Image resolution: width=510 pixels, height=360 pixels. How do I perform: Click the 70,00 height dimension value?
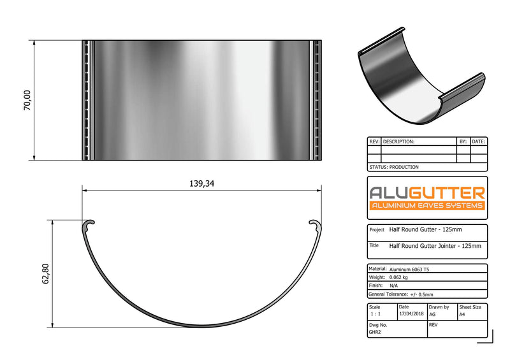click(x=27, y=101)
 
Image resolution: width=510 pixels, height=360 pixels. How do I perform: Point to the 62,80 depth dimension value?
click(x=45, y=273)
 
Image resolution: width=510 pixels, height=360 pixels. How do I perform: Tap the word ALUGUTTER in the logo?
click(x=427, y=192)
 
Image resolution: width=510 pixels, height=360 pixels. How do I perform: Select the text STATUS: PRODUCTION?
click(x=393, y=167)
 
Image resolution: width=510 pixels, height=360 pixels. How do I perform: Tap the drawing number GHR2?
click(x=375, y=332)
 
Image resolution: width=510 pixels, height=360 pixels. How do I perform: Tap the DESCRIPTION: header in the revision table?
click(x=399, y=141)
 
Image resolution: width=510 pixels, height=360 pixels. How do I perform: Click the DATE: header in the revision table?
click(x=478, y=141)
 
